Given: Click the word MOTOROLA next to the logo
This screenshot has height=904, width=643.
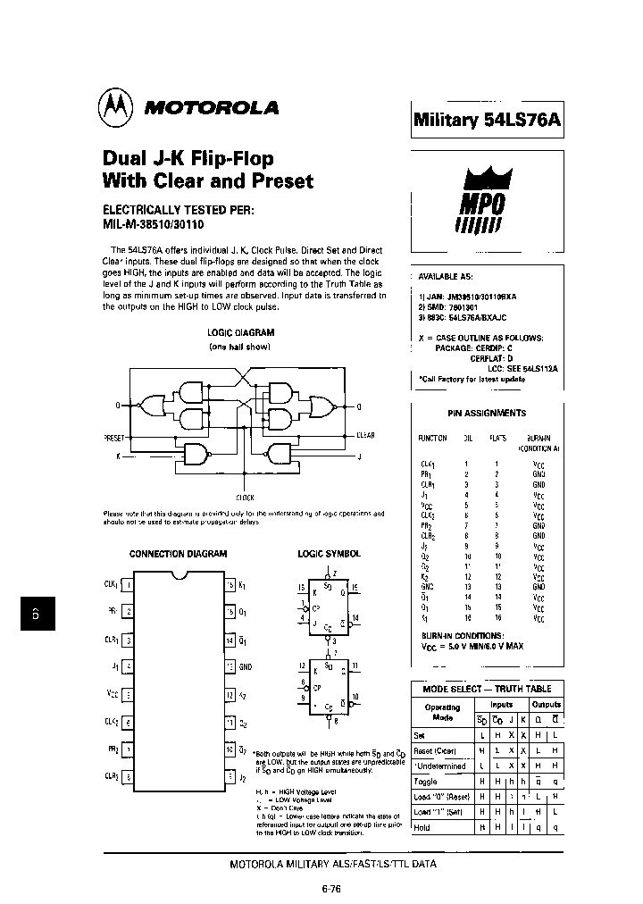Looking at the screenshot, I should click(212, 108).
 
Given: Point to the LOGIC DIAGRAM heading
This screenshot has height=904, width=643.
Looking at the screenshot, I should click(239, 331).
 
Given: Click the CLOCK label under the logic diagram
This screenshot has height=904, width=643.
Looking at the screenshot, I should click(245, 497).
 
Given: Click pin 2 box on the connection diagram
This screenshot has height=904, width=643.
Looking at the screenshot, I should click(129, 612).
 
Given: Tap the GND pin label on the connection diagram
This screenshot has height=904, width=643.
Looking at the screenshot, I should click(246, 666).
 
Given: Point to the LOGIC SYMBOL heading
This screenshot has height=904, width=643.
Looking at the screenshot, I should click(329, 554).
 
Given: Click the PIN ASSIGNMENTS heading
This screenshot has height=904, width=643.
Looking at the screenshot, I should click(486, 414).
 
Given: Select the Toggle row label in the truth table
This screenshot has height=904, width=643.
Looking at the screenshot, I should click(426, 781).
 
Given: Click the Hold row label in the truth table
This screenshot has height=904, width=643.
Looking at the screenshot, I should click(422, 827).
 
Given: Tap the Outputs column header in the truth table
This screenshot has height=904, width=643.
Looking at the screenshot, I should click(546, 704).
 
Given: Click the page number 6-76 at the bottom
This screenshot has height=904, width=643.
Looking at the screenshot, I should click(330, 889).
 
